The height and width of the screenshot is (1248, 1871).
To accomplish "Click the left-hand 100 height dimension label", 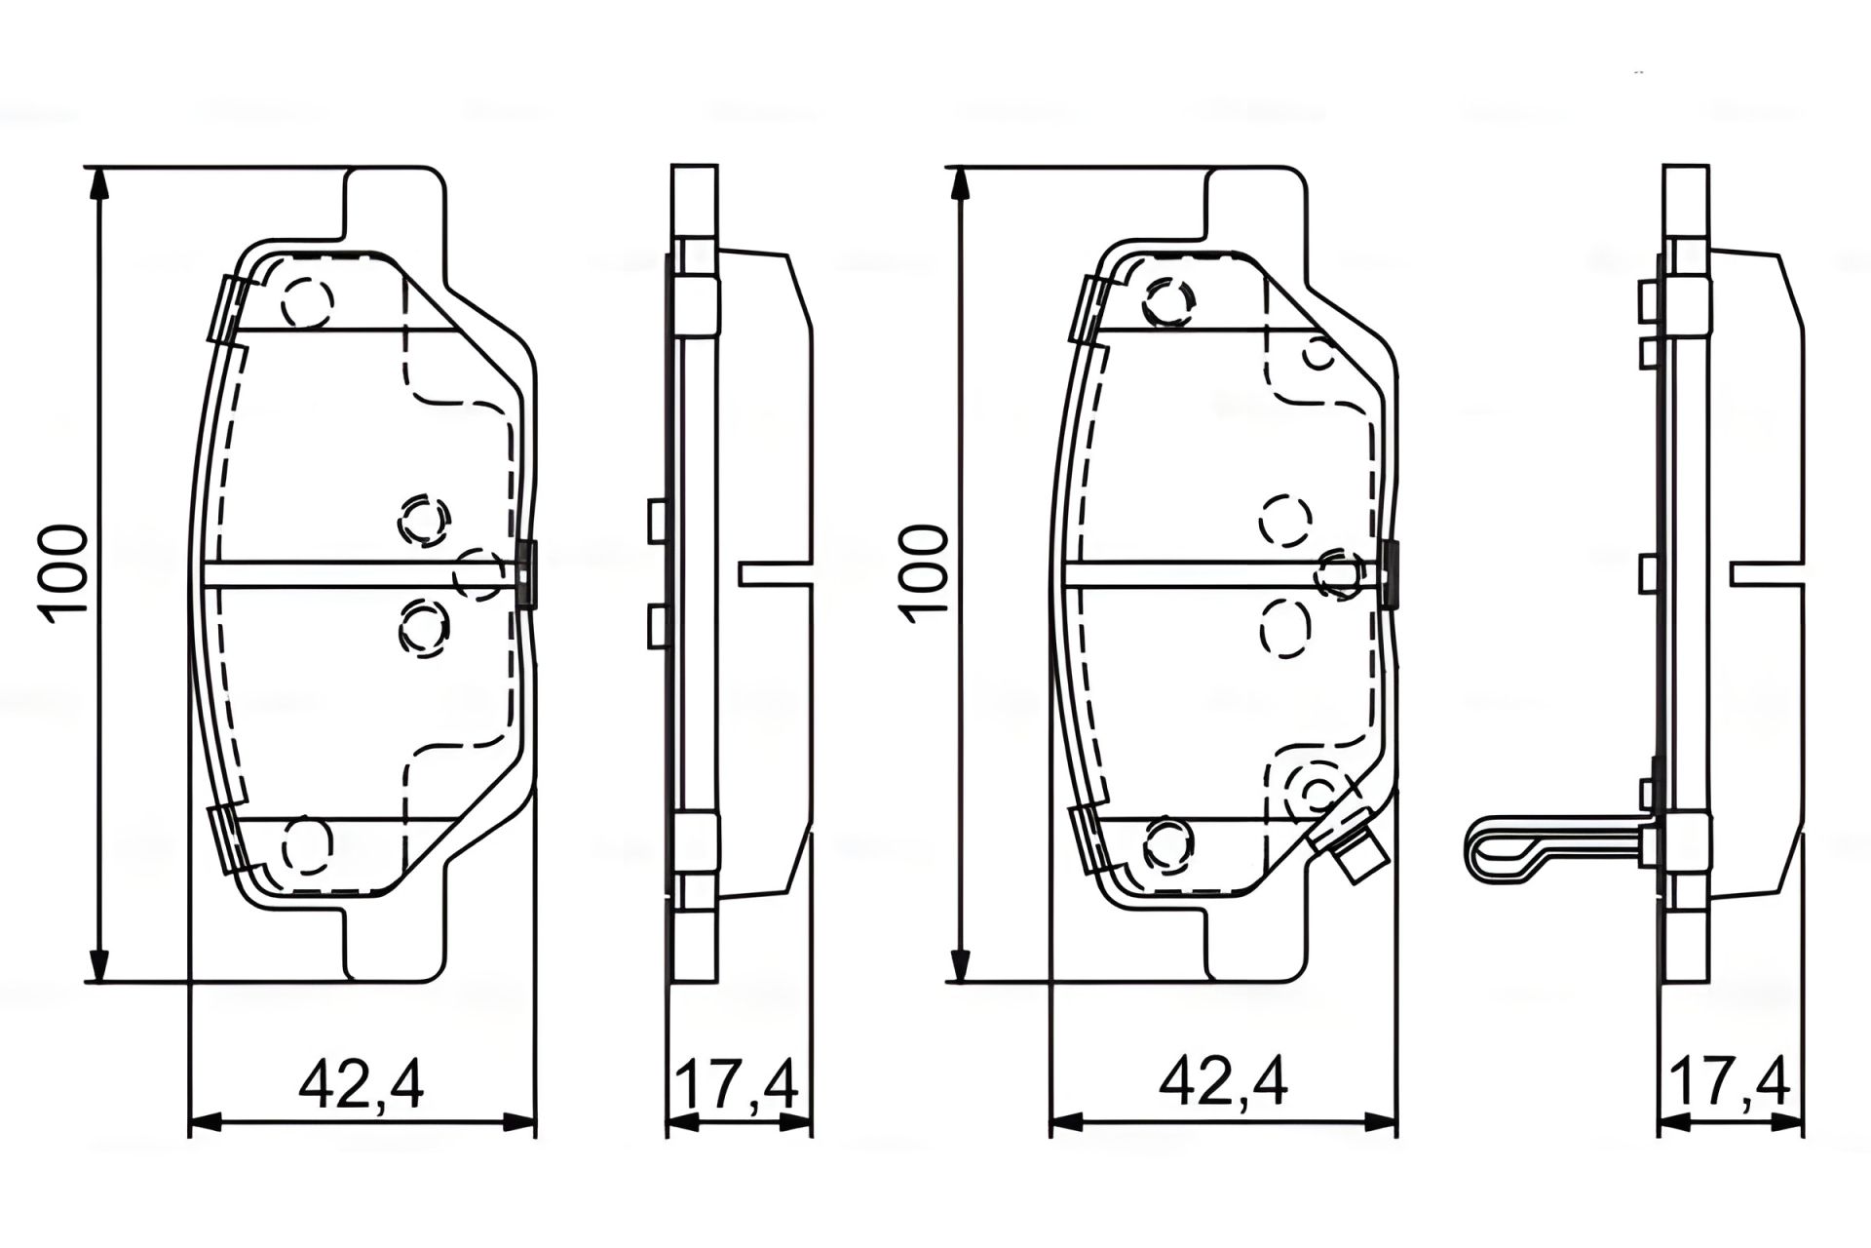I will click(63, 569).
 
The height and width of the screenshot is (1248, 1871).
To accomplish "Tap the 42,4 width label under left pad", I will click(362, 1084).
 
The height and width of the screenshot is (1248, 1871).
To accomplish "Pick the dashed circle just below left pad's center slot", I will click(424, 629).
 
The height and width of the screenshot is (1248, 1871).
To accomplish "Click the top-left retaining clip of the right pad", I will click(1088, 308).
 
